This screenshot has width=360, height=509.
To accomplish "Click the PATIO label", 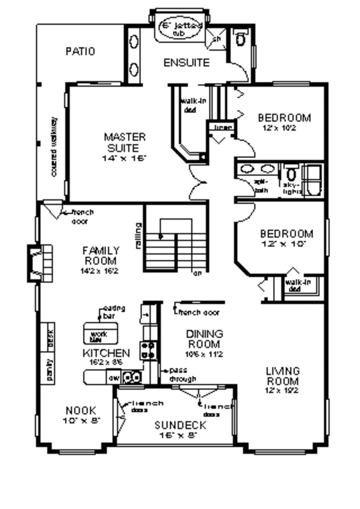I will tap(80, 52).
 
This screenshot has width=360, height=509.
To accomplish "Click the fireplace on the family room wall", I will tap(38, 262).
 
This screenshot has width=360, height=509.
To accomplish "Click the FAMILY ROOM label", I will tap(101, 255).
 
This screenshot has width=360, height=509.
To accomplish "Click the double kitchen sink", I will tap(132, 378).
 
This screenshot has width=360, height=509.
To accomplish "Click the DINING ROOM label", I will tap(204, 339).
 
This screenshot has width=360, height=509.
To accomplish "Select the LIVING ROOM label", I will tap(282, 376).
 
